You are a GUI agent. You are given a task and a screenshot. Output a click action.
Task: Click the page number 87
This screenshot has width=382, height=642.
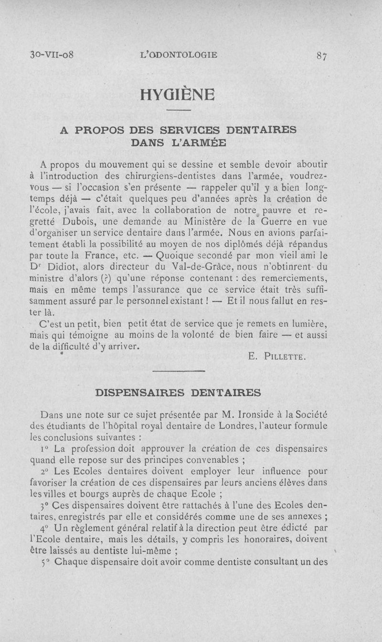pos(321,55)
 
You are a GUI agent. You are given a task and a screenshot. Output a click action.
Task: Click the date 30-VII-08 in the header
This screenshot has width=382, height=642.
pos(51,54)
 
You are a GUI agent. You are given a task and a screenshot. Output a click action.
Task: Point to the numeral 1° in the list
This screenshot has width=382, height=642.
pos(45,449)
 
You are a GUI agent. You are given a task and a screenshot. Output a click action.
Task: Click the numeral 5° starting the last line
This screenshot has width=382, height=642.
pos(45,562)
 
